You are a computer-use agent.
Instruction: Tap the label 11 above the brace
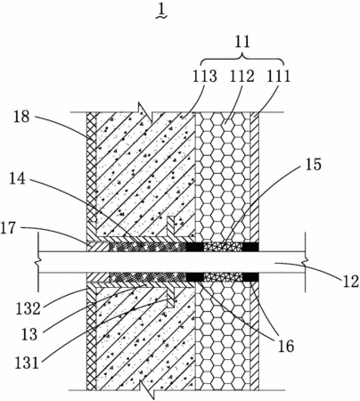242,42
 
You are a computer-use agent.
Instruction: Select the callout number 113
204,77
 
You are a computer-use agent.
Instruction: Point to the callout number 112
242,77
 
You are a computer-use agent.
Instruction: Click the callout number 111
278,77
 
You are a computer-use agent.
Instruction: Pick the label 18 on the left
21,117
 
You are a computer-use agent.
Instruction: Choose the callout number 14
17,179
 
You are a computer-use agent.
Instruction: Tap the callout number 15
313,164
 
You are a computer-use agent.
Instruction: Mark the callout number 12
350,282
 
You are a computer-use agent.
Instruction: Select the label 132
28,308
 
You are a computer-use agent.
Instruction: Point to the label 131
27,363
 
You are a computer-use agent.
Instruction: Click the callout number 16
286,347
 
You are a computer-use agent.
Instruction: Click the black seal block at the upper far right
250,247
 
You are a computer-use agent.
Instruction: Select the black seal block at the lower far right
250,277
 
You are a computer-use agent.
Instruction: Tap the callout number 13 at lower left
29,335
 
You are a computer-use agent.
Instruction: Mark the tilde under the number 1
161,17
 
